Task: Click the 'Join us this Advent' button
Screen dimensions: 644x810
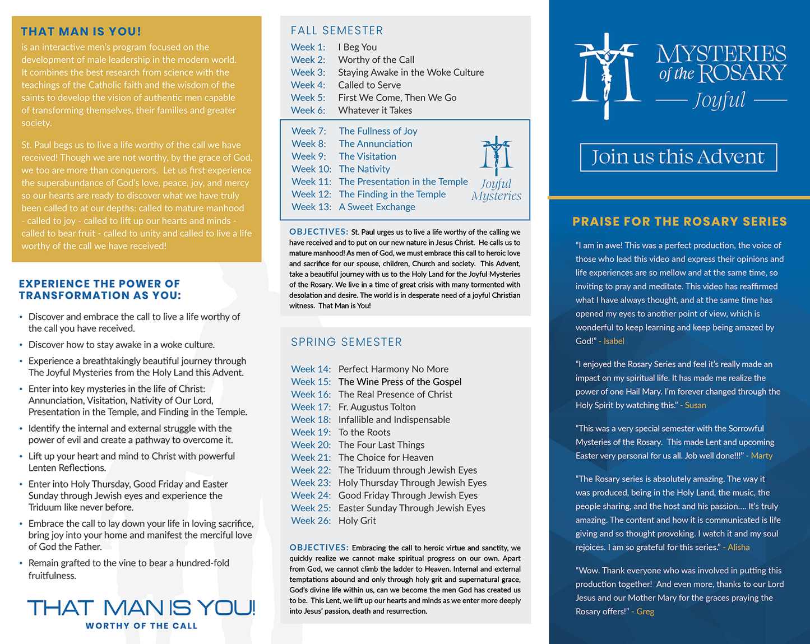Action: point(678,157)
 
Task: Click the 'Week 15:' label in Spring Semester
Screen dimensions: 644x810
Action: point(311,382)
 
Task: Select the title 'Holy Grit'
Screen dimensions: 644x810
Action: point(357,521)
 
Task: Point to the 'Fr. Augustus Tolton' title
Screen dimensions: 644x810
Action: point(377,407)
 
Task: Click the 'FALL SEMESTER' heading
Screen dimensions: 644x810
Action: point(337,30)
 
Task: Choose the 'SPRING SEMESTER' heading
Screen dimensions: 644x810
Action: point(346,342)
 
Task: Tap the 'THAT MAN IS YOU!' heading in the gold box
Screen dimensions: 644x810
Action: point(81,31)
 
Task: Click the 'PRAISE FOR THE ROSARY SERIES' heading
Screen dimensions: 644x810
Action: point(679,221)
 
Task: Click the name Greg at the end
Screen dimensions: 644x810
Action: point(645,611)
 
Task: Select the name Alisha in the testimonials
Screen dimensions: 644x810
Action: point(738,547)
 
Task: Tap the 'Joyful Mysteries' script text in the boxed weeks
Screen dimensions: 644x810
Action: point(496,190)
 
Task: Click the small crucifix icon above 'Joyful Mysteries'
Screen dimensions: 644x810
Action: point(496,155)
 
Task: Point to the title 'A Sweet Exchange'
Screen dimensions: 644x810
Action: point(377,207)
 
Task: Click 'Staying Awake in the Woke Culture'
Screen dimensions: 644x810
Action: point(411,72)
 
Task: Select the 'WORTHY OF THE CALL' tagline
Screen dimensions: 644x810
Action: point(141,626)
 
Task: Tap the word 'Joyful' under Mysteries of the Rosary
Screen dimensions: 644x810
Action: point(720,100)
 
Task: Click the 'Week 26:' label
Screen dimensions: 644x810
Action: point(311,521)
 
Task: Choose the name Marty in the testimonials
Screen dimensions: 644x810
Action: point(761,456)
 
